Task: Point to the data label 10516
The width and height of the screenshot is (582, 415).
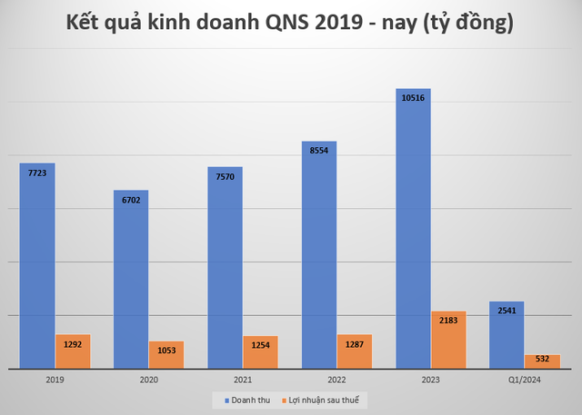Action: point(412,97)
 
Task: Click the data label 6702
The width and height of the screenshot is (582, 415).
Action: point(131,199)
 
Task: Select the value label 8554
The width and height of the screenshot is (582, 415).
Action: point(318,150)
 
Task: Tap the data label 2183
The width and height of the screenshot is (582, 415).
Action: point(448,320)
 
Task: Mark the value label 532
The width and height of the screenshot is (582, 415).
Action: point(543,361)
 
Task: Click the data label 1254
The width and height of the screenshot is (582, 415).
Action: point(261,344)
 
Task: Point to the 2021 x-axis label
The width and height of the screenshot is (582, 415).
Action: point(243,380)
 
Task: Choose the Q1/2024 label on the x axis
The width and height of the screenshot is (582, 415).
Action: point(525,380)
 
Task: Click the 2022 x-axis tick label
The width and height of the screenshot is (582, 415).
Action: point(336,380)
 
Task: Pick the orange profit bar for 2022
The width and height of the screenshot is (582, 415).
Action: point(355,352)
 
